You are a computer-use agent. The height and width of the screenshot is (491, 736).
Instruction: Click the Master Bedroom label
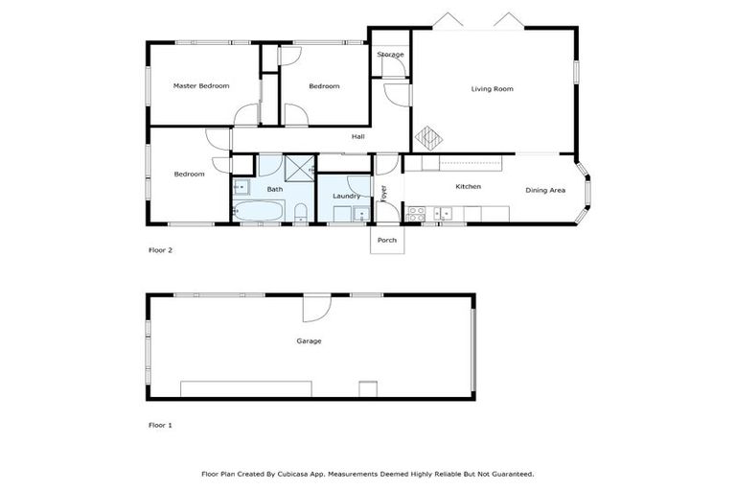point(201,86)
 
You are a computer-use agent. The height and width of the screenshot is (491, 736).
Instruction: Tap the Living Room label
point(492,89)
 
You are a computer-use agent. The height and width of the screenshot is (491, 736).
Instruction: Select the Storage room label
point(390,55)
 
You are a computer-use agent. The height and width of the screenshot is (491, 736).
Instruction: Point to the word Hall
point(357,137)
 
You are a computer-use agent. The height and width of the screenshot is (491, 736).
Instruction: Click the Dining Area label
point(545,190)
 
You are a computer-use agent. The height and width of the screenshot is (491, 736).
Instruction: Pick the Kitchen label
point(468,186)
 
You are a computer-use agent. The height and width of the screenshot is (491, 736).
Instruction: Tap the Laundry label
point(346,197)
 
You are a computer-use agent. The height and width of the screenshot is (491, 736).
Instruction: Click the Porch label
point(387,240)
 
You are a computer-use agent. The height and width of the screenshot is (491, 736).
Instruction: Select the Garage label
point(309,340)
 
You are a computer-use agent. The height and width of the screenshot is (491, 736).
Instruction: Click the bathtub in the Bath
point(259,210)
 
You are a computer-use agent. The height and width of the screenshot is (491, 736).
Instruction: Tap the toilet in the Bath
point(300,212)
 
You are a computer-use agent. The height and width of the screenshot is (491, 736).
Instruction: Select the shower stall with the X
point(300,167)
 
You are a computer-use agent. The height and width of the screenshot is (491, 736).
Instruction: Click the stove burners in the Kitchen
point(417,212)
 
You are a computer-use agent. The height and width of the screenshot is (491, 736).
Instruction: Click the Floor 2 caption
point(160,250)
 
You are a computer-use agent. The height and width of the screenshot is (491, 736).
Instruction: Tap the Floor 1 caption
point(160,424)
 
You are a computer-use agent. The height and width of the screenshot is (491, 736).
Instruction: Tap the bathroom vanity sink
point(241,187)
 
